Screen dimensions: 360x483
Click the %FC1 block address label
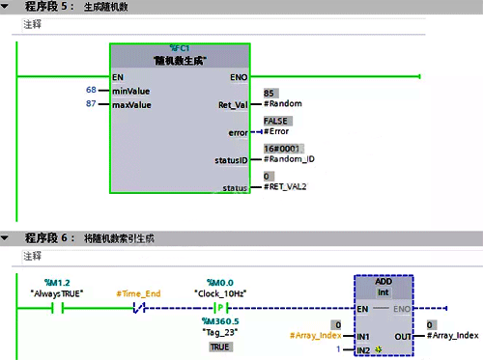[181, 47]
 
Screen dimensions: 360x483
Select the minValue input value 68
[91, 90]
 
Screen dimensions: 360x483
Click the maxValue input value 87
[91, 103]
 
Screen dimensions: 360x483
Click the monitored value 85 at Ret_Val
[270, 92]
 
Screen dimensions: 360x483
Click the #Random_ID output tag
[290, 157]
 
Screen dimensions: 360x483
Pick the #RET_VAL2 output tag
[288, 185]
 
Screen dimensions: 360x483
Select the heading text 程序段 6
[48, 237]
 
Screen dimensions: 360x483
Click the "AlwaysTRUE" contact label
[57, 292]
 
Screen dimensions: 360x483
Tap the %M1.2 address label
[57, 282]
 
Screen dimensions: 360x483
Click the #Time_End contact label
[138, 292]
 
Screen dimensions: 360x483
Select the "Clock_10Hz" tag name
[220, 292]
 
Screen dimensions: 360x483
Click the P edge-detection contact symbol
[219, 309]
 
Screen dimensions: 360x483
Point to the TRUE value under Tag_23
[220, 346]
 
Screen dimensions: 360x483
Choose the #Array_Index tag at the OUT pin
[454, 335]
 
